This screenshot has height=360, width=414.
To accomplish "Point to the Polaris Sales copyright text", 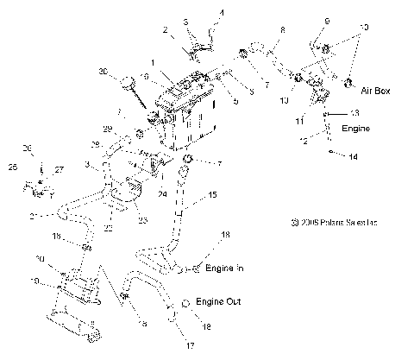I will click(x=342, y=223).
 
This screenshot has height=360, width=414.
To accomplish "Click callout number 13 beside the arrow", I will click(x=353, y=113).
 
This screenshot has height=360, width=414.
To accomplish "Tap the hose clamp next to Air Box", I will click(x=350, y=83).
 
